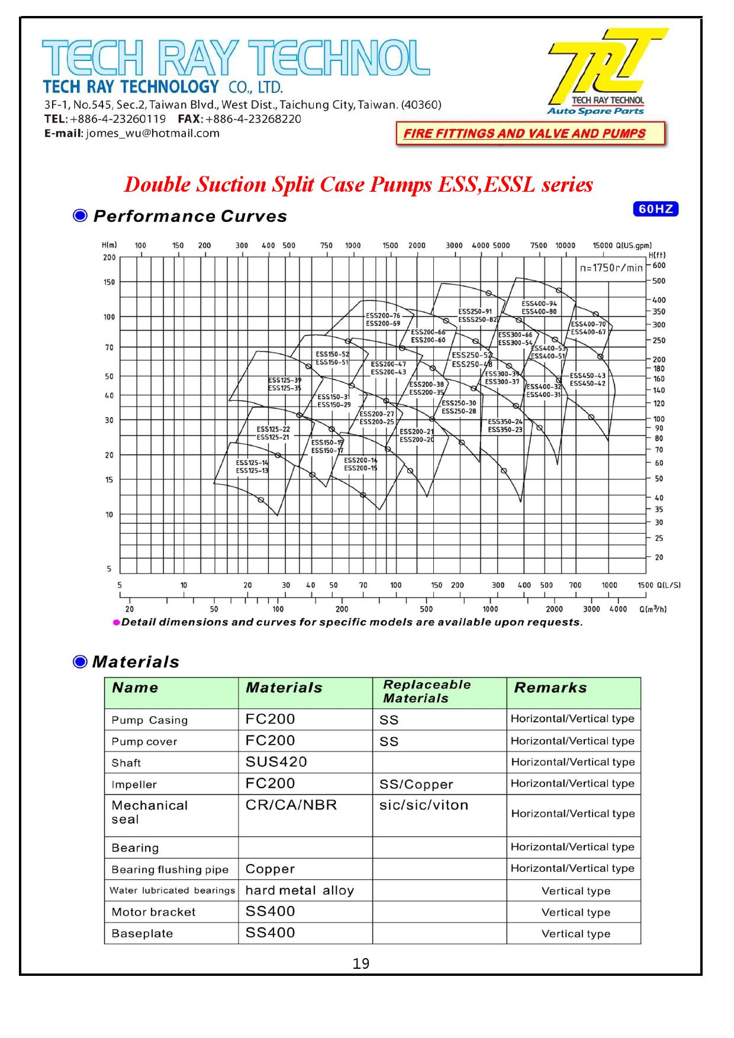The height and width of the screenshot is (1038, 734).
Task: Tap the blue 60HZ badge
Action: pyautogui.click(x=655, y=209)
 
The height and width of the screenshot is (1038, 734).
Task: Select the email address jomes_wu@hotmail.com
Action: pyautogui.click(x=153, y=133)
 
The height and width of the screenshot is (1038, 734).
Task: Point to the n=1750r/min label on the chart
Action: pyautogui.click(x=611, y=268)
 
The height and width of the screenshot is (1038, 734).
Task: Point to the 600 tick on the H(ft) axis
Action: pyautogui.click(x=659, y=266)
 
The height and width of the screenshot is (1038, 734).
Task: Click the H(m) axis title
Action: pyautogui.click(x=109, y=245)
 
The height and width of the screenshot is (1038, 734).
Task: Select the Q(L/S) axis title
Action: pyautogui.click(x=668, y=585)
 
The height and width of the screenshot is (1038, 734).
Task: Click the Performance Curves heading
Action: pyautogui.click(x=189, y=217)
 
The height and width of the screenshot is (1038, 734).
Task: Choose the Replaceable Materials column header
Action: pyautogui.click(x=426, y=691)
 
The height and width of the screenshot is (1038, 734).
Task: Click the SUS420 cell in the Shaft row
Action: pyautogui.click(x=276, y=762)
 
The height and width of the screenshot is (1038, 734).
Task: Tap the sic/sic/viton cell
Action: pyautogui.click(x=424, y=805)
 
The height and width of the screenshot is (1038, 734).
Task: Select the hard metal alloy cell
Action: pyautogui.click(x=300, y=891)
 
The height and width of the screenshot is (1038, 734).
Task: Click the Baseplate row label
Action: pyautogui.click(x=142, y=934)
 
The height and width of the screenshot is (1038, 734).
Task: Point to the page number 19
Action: pyautogui.click(x=360, y=964)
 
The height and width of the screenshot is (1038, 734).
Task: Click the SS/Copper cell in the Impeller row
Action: pyautogui.click(x=416, y=785)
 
